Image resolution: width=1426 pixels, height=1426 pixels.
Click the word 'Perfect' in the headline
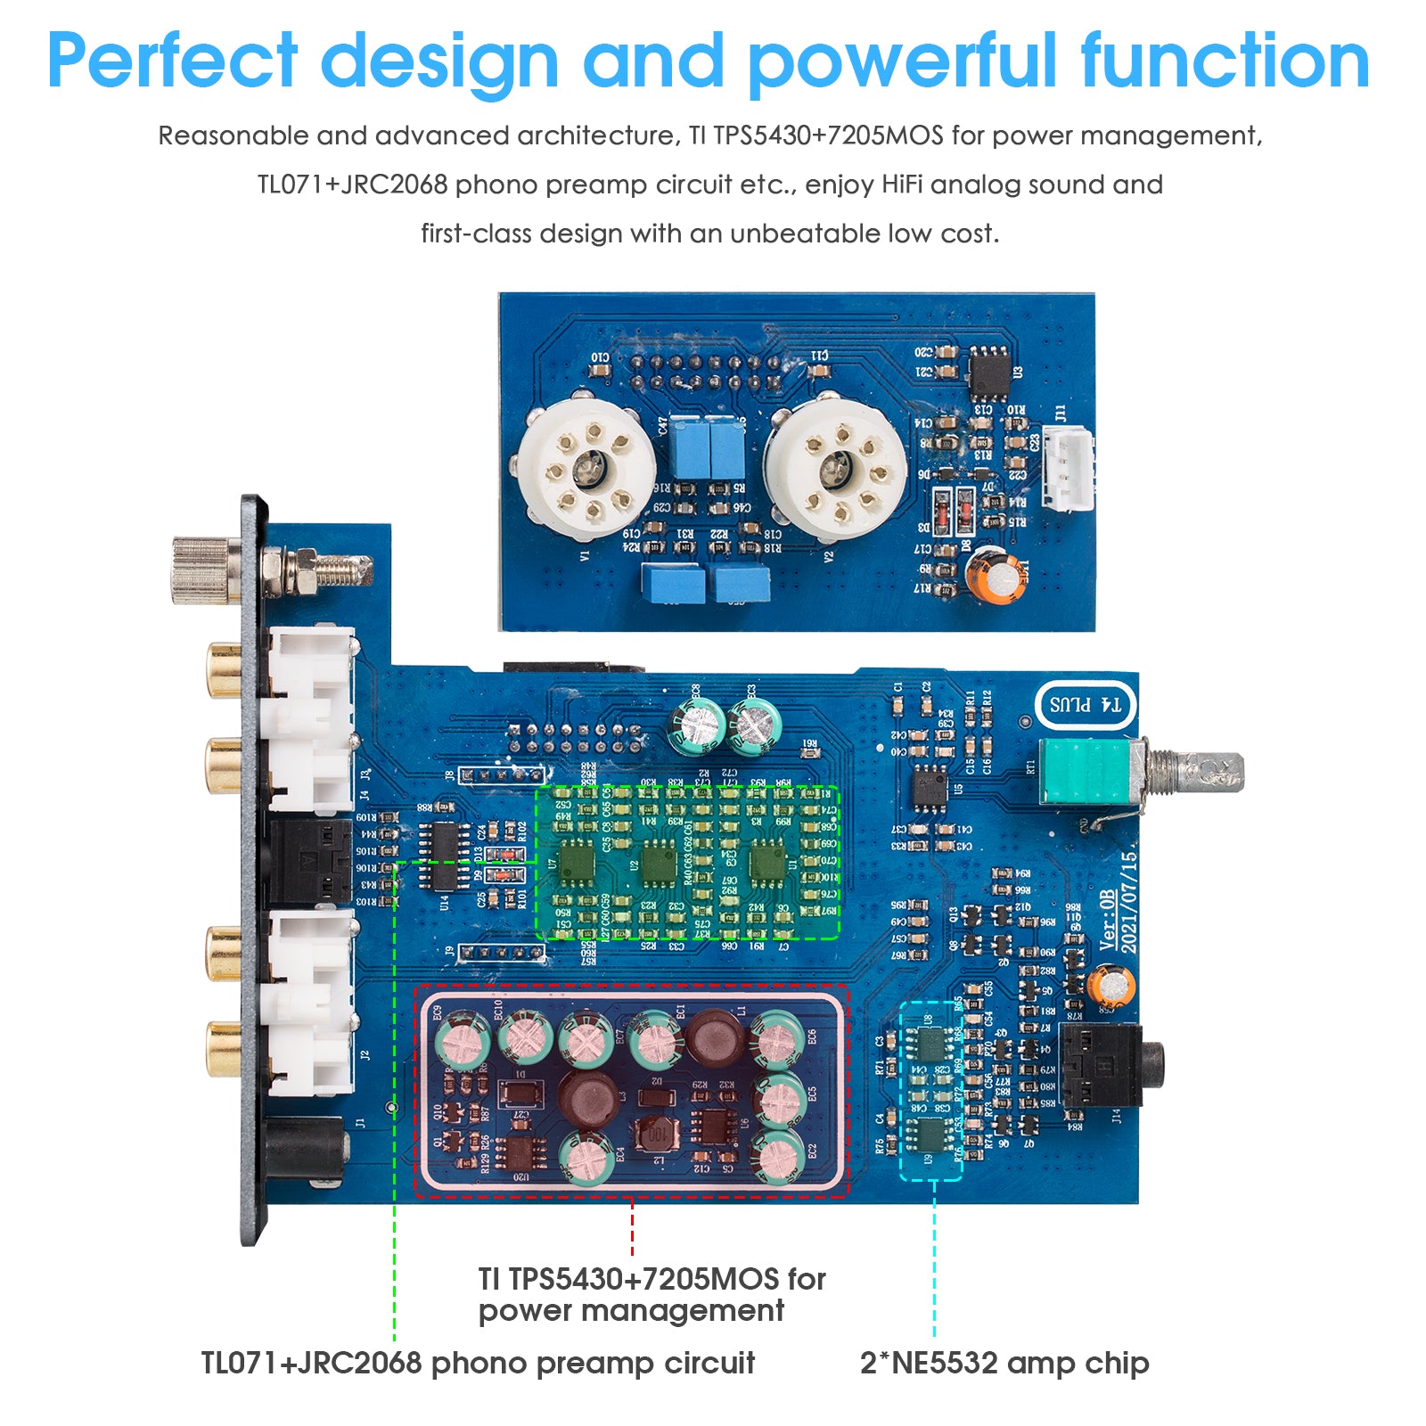(172, 61)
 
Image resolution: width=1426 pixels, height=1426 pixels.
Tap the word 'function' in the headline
(1225, 61)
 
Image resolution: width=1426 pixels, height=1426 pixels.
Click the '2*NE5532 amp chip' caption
(1004, 1363)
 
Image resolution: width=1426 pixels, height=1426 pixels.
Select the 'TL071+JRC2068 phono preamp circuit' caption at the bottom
(478, 1363)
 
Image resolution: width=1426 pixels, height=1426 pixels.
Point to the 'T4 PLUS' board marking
(1085, 705)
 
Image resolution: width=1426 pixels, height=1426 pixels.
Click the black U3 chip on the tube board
(988, 372)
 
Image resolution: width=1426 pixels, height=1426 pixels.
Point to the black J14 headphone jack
(1105, 1065)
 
